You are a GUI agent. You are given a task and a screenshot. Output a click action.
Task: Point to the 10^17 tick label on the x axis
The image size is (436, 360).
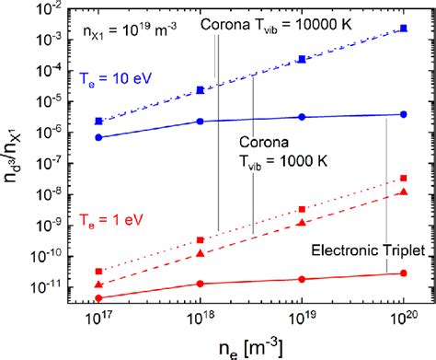pyautogui.click(x=99, y=319)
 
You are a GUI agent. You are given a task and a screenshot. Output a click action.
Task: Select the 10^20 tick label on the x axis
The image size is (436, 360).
pyautogui.click(x=403, y=319)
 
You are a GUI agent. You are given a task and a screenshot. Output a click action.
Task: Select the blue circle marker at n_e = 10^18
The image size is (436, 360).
pyautogui.click(x=201, y=122)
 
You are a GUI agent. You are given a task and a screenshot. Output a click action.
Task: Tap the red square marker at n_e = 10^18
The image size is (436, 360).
pyautogui.click(x=201, y=240)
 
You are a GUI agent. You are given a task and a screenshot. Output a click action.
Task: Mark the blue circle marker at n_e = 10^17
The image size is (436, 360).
pyautogui.click(x=99, y=137)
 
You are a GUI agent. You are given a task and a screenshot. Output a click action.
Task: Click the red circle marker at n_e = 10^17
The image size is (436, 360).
pyautogui.click(x=99, y=297)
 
